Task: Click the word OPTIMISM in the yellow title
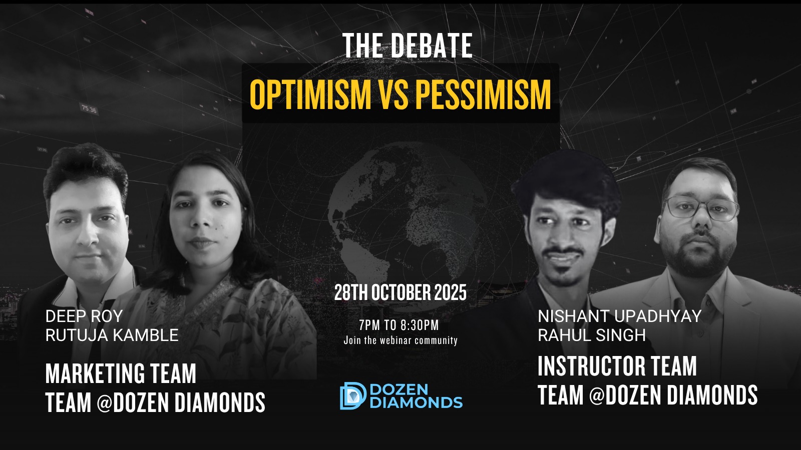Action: (310, 94)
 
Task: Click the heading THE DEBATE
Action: (408, 45)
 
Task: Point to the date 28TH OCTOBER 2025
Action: (400, 292)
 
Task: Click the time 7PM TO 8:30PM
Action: (399, 325)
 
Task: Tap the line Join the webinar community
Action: (400, 340)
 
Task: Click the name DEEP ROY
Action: (84, 316)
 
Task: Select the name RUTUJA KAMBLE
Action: (112, 335)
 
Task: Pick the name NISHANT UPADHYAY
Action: (620, 316)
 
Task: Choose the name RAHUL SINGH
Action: (592, 335)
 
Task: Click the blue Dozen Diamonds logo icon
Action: (352, 395)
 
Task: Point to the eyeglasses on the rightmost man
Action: (701, 208)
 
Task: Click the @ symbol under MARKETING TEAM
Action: (105, 403)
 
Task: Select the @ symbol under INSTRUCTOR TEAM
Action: (597, 395)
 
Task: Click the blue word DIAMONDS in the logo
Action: (416, 402)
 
